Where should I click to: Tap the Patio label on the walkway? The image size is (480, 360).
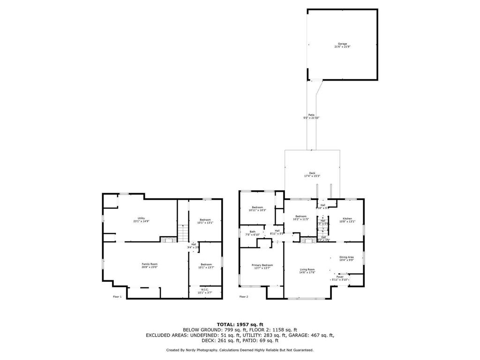(x=311, y=116)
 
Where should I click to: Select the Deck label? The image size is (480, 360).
(x=312, y=174)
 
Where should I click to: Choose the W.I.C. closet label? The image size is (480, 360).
(x=205, y=291)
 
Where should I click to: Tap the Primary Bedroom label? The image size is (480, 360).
(x=263, y=266)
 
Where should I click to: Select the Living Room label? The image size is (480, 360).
(x=307, y=270)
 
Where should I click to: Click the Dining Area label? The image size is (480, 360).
(x=346, y=258)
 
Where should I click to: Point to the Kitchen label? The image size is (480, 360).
(x=347, y=220)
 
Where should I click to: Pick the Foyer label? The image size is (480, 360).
(x=340, y=278)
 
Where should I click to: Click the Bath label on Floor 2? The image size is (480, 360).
(x=252, y=232)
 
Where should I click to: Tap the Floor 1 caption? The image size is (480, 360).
(x=117, y=297)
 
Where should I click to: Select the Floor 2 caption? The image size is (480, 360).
(x=244, y=297)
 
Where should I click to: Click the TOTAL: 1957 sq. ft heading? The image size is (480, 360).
(x=240, y=324)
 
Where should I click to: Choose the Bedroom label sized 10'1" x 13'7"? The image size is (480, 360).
(x=205, y=266)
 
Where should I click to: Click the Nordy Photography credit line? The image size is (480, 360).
(x=240, y=350)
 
